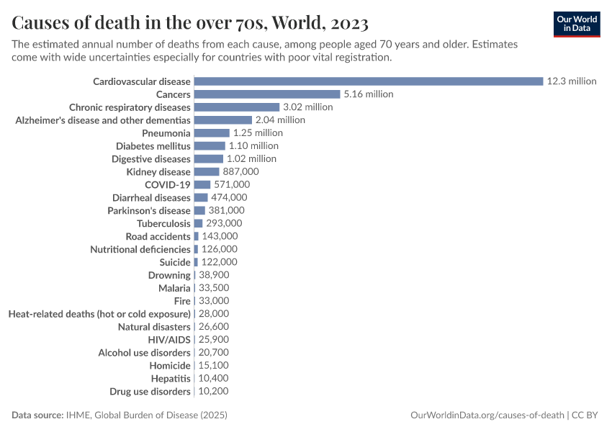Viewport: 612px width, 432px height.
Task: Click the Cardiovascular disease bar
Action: [368, 81]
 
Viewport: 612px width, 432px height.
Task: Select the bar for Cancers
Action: [266, 94]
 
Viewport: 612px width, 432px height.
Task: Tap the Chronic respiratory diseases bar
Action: [236, 107]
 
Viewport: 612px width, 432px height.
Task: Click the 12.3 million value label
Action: [572, 81]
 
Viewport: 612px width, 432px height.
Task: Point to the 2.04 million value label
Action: [280, 120]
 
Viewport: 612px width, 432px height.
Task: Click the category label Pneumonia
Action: [166, 133]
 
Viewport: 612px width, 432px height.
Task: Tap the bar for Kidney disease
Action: [206, 172]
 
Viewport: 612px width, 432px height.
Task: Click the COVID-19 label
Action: [168, 185]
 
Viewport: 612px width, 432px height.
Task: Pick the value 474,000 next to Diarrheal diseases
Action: [229, 198]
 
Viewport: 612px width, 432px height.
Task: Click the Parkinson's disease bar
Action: [199, 211]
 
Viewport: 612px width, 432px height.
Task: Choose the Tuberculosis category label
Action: [163, 224]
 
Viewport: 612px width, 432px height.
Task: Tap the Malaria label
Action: [174, 288]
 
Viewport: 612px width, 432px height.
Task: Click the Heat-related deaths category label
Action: [99, 314]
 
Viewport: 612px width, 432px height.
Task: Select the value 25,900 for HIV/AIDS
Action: [213, 340]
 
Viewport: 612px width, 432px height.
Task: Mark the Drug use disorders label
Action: [150, 392]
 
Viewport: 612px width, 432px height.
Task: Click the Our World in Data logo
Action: [577, 24]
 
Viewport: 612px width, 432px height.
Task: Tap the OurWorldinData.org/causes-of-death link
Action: [487, 415]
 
